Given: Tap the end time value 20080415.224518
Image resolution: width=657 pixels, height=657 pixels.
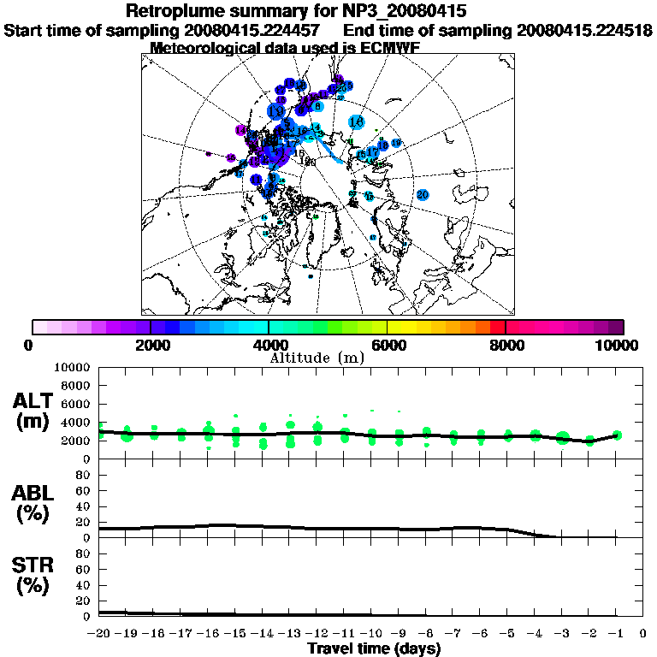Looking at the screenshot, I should point(585,31).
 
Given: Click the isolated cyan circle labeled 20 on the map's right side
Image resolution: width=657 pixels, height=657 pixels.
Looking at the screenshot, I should point(422,194).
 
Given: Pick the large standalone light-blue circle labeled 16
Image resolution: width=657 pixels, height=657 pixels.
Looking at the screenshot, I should point(357,122).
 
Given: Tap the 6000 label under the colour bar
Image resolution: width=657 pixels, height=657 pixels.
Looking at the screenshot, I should point(387,345).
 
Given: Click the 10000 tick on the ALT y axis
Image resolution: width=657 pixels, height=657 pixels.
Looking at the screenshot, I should point(72,367).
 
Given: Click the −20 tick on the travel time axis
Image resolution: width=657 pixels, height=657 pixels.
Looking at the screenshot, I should point(99,633).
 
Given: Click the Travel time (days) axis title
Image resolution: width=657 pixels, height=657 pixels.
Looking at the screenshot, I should point(374,648).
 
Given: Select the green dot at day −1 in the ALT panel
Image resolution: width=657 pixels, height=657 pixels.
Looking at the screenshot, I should point(617,435).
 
